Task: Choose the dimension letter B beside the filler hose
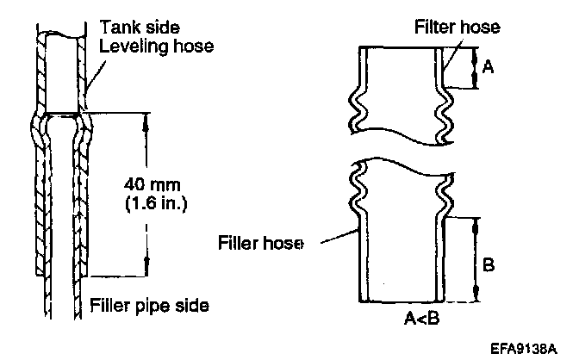click(488, 265)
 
